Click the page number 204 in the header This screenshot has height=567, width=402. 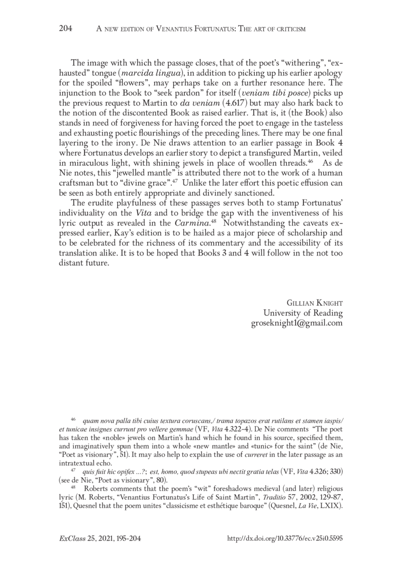[x=66, y=29]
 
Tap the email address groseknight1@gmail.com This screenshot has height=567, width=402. [x=296, y=323]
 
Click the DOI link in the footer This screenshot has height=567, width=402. [x=285, y=538]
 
